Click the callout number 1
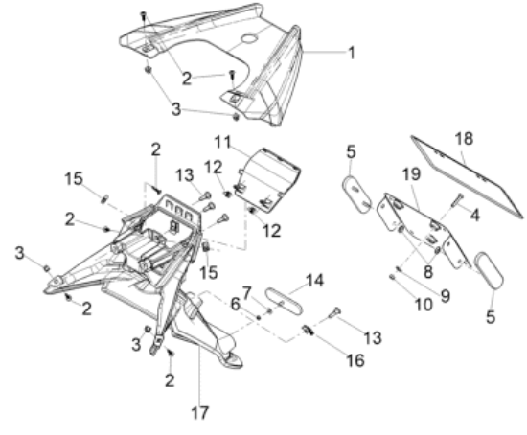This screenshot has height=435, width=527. [x=352, y=53]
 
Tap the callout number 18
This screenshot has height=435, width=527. [x=464, y=139]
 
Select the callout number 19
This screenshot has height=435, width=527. [x=411, y=174]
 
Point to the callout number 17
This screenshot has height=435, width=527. [x=200, y=413]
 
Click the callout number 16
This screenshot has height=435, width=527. [x=355, y=360]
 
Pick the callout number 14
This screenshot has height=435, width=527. [x=314, y=281]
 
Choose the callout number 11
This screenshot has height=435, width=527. [x=223, y=142]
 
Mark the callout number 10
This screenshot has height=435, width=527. [x=424, y=305]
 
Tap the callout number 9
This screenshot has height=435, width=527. [x=445, y=296]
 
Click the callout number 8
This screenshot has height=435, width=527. [x=428, y=272]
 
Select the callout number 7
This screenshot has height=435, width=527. [x=246, y=293]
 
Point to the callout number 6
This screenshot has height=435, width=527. [x=236, y=305]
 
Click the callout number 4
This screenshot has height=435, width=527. [x=474, y=215]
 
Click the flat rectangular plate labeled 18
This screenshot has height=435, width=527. [x=468, y=177]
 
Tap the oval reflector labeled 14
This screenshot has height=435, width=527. [x=284, y=301]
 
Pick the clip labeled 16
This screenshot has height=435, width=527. [x=308, y=331]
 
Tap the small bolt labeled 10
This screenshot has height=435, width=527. [x=392, y=277]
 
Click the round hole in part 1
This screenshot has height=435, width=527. [x=249, y=38]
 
